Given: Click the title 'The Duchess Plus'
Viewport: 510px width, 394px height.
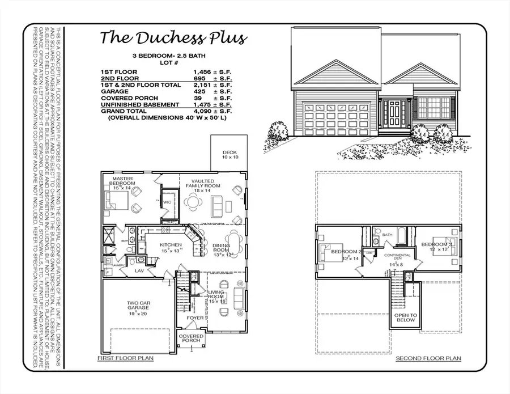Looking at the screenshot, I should pyautogui.click(x=173, y=38).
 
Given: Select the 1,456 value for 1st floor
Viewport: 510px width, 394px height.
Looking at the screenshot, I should pyautogui.click(x=196, y=71).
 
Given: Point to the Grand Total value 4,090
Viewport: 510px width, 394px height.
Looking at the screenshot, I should pyautogui.click(x=196, y=111).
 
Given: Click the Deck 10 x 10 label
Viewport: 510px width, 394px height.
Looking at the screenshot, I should pyautogui.click(x=229, y=154).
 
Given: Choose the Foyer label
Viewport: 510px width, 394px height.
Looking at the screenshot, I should pyautogui.click(x=195, y=318).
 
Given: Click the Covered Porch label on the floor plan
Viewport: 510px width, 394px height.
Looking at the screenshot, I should pyautogui.click(x=192, y=339).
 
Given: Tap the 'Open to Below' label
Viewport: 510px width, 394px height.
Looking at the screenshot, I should pyautogui.click(x=406, y=317).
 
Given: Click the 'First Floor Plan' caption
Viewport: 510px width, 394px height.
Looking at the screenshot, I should pyautogui.click(x=125, y=359).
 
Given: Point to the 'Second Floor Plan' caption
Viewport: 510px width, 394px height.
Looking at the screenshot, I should pyautogui.click(x=428, y=358).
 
